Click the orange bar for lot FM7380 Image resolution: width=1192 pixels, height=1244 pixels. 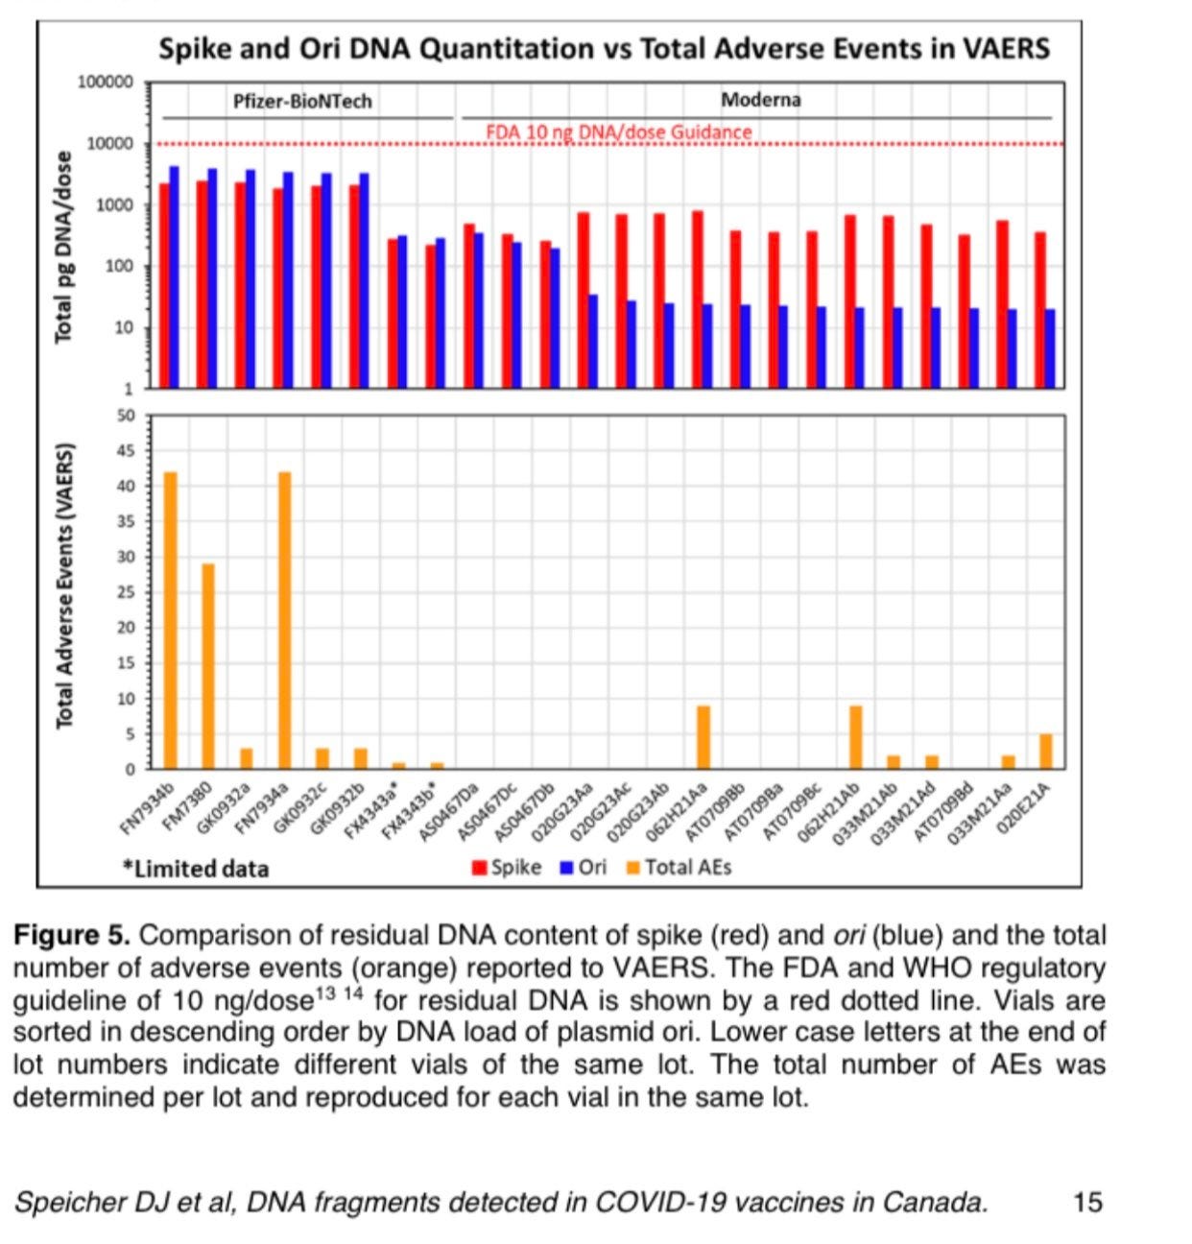(208, 666)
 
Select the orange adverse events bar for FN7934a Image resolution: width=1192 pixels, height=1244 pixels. (284, 620)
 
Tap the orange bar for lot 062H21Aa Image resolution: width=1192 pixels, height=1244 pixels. (703, 737)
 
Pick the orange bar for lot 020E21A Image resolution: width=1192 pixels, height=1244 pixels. (1045, 752)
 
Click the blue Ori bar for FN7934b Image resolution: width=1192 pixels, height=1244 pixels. (174, 276)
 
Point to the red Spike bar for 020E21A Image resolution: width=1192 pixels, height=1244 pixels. (1039, 309)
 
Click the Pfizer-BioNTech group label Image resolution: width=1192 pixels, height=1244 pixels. (302, 101)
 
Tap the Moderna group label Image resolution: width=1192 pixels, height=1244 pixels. (760, 100)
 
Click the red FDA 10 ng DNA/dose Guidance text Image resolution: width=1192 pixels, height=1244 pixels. (619, 132)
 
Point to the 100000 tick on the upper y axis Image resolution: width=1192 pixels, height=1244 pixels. (106, 83)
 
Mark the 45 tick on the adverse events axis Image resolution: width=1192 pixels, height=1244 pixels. (126, 451)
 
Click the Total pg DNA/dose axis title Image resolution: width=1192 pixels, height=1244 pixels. (63, 247)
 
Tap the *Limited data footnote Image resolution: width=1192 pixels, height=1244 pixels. (196, 869)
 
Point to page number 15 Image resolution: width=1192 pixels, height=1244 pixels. (1087, 1202)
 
